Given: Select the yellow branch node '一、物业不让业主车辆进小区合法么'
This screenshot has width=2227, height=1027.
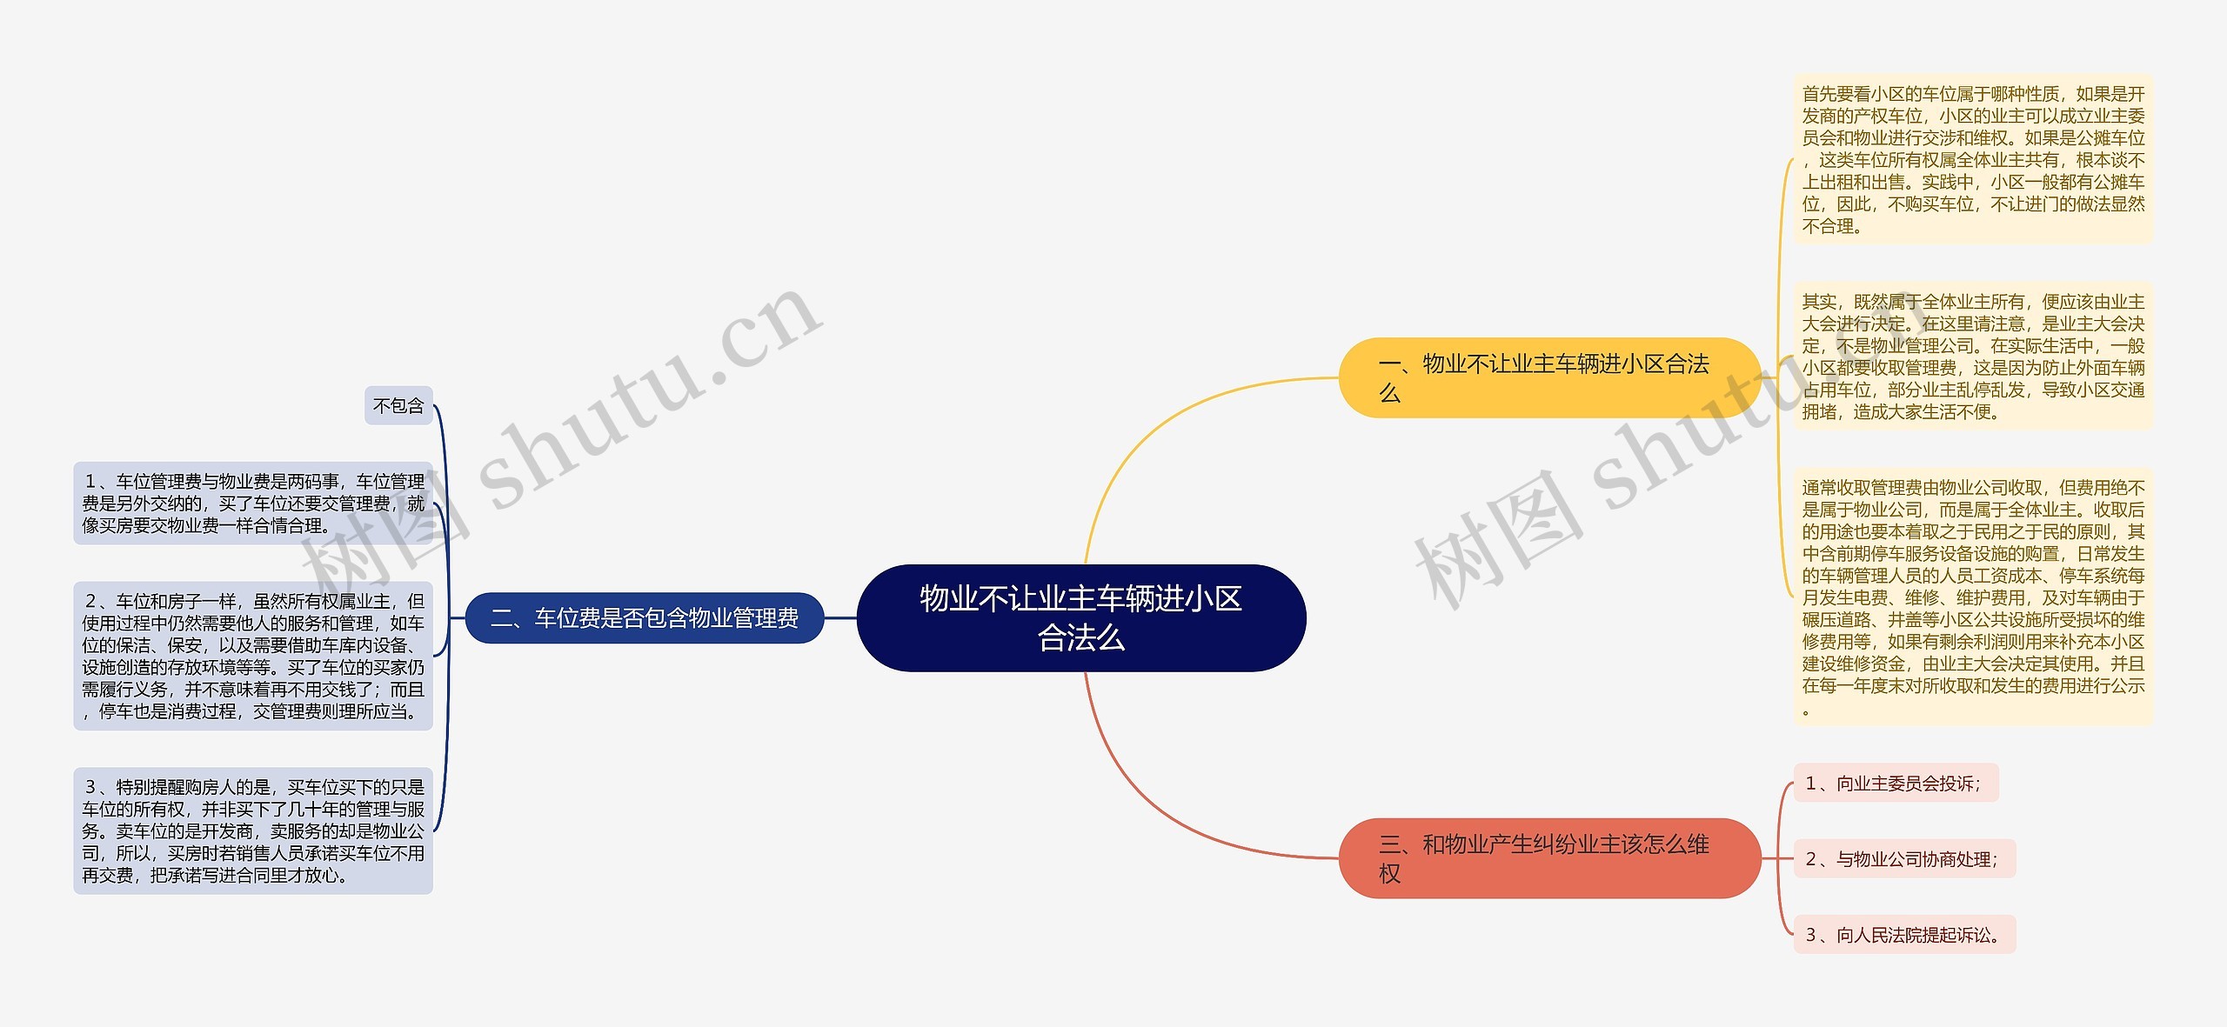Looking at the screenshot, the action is [x=1548, y=377].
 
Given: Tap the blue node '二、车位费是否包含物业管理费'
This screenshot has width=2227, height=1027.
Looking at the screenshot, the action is [x=645, y=618].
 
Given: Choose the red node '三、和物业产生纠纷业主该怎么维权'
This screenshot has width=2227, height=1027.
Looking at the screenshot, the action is [x=1548, y=857].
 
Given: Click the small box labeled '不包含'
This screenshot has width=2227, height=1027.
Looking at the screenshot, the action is [x=398, y=406].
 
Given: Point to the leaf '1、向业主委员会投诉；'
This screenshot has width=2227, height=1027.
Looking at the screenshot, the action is [x=1895, y=784].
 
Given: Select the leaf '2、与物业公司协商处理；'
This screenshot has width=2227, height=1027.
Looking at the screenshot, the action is [x=1903, y=859].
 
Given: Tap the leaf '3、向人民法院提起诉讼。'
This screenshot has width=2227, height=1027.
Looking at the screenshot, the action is [x=1903, y=935].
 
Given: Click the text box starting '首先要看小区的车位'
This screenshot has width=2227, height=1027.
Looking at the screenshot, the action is [x=1973, y=159].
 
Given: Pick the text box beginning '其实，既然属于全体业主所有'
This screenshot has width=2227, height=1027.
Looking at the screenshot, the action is [x=1973, y=356].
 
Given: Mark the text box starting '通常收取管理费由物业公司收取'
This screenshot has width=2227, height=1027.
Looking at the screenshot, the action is [x=1973, y=597].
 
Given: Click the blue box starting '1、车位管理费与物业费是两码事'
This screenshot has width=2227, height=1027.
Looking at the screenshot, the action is [x=253, y=503].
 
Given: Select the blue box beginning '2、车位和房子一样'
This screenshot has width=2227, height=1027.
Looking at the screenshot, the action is [x=253, y=656].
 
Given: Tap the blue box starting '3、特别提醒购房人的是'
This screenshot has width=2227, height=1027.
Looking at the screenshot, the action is [x=253, y=830].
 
